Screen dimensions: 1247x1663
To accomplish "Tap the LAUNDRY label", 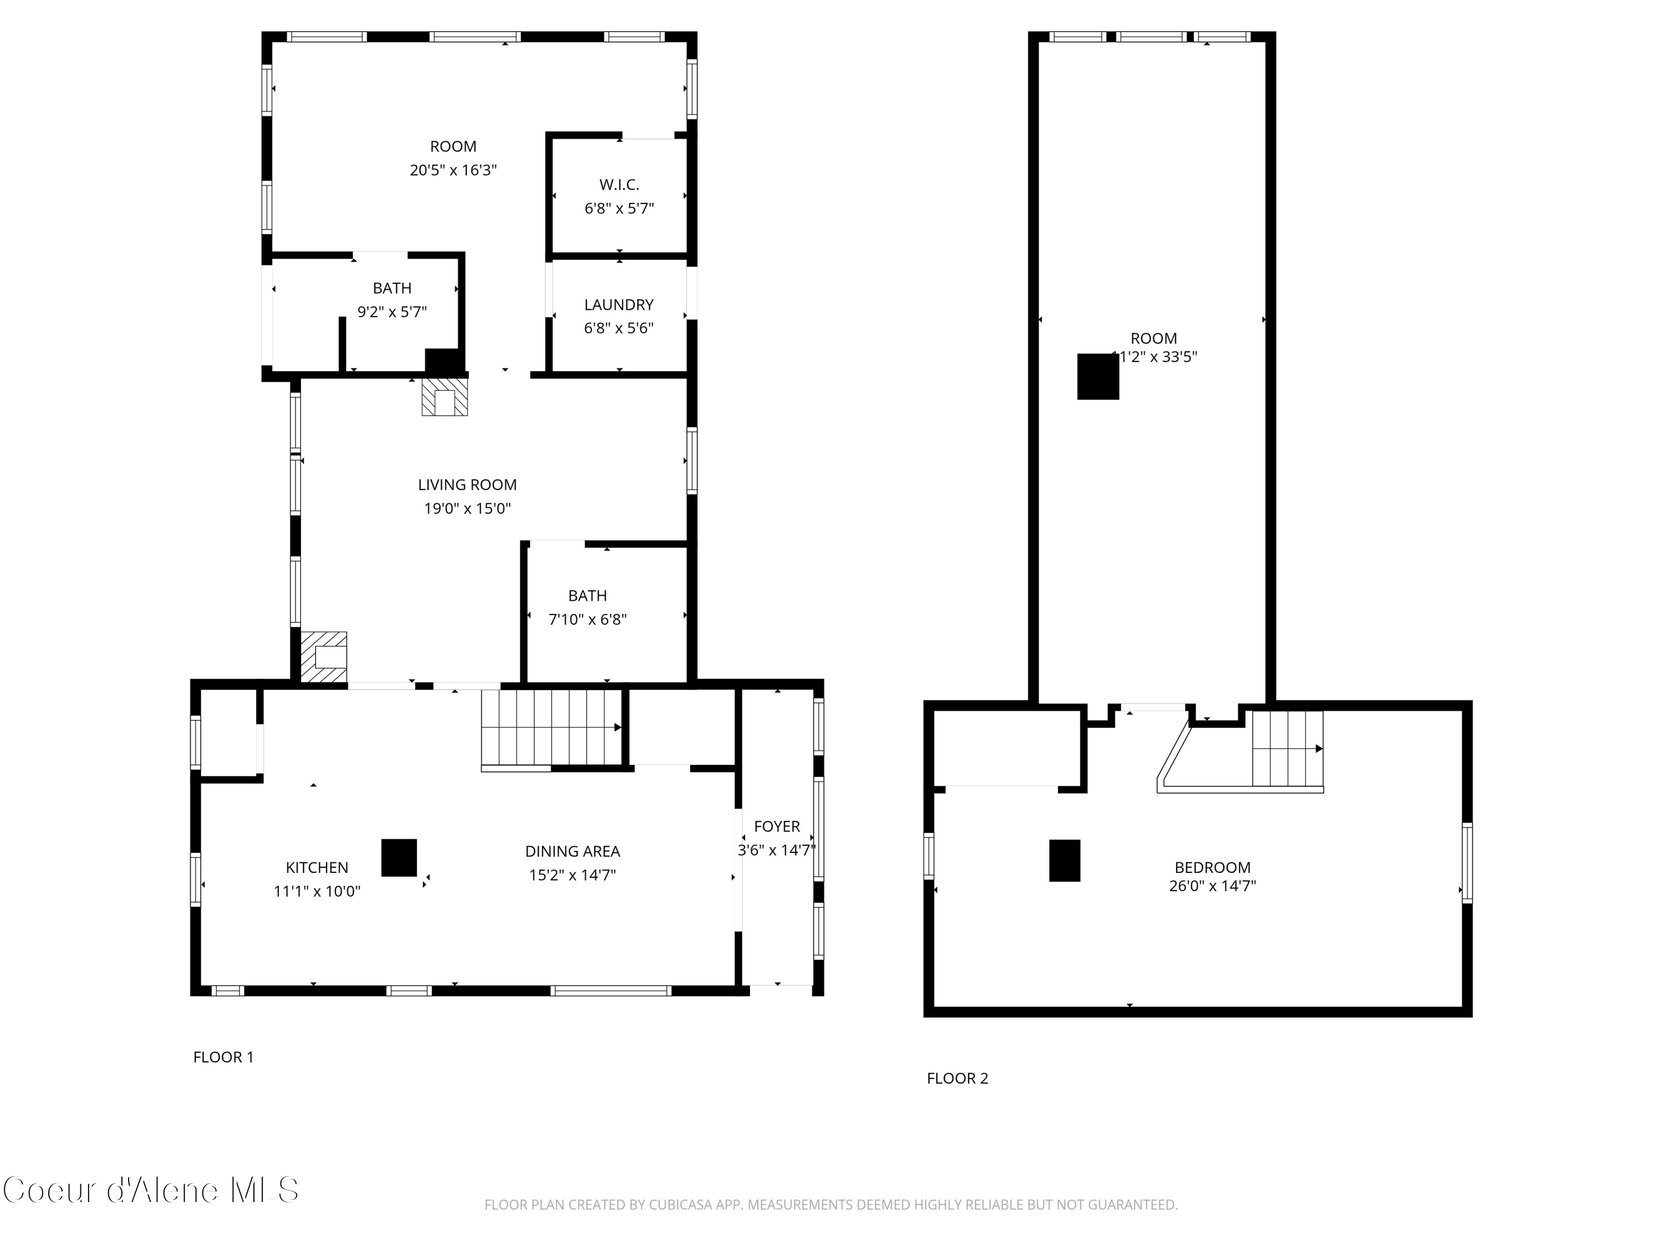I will click(619, 304).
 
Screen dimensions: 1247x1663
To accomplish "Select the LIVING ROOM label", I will click(467, 485).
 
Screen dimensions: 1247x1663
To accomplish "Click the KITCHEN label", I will click(317, 867).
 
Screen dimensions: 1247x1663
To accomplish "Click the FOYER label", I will click(777, 826).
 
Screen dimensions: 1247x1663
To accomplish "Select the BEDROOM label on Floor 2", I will click(1212, 867).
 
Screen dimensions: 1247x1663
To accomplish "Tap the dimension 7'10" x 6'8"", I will click(587, 620).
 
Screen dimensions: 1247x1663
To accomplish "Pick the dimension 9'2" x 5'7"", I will click(392, 311).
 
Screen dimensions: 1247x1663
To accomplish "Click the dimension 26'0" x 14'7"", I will click(1212, 886).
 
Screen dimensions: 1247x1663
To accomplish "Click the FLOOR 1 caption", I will click(223, 1057).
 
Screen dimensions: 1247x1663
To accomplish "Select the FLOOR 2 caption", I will click(957, 1078).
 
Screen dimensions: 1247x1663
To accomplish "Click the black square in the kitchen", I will click(399, 857).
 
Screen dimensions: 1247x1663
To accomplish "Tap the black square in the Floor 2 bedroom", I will click(1064, 860).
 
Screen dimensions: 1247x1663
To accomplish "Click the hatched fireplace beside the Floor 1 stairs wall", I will click(324, 657).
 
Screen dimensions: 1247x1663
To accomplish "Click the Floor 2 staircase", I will click(1287, 749).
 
